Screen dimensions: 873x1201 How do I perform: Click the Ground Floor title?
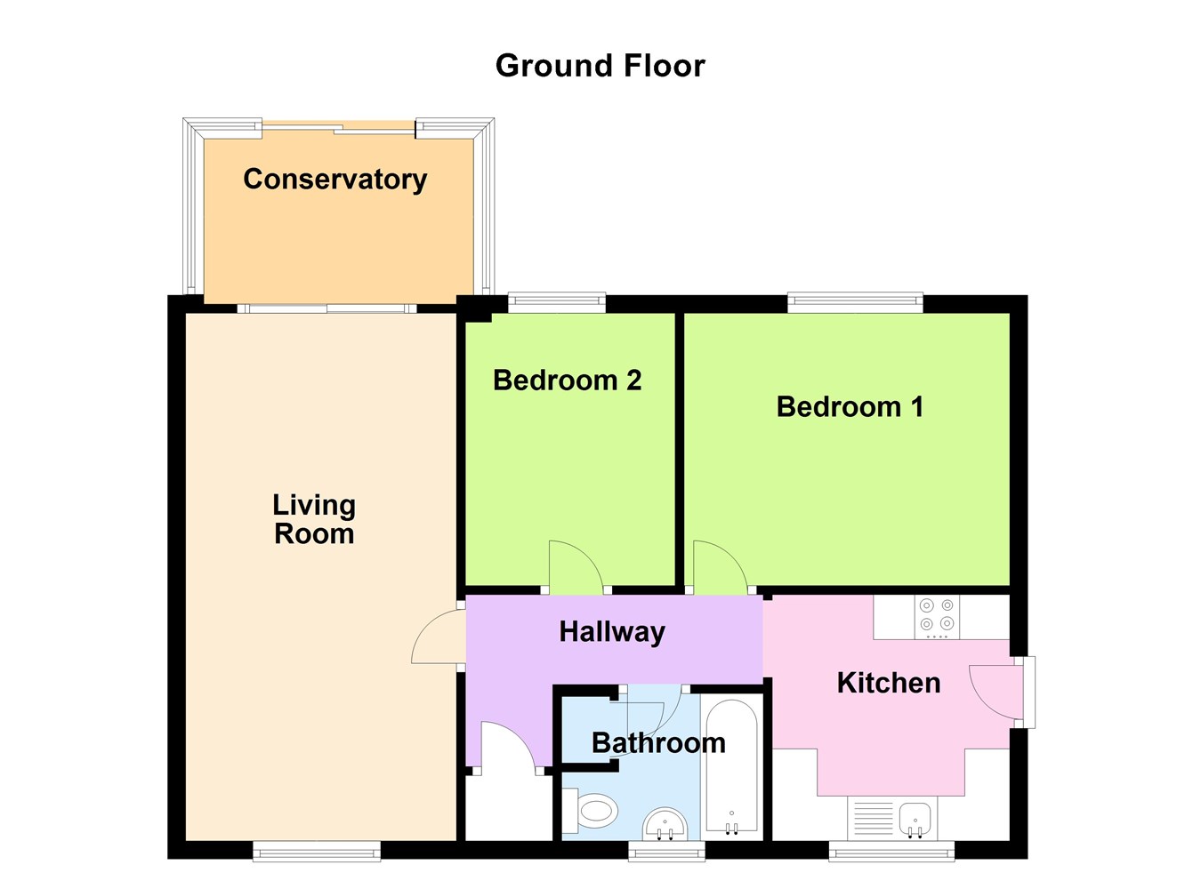click(600, 66)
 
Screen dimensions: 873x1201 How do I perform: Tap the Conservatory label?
click(335, 179)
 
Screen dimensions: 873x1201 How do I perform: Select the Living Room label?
click(314, 519)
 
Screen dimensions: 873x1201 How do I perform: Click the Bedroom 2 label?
click(567, 380)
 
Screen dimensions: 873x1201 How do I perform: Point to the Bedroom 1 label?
click(850, 407)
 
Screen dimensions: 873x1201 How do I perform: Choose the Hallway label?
click(612, 632)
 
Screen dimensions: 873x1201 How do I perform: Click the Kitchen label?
click(888, 683)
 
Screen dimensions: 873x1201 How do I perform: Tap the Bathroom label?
click(658, 743)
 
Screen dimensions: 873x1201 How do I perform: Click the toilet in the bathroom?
click(592, 812)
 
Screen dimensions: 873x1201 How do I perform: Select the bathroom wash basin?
click(665, 824)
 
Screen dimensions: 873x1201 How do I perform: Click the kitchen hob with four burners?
click(937, 617)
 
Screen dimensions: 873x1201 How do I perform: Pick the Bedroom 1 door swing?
click(716, 569)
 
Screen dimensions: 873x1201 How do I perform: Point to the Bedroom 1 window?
click(855, 303)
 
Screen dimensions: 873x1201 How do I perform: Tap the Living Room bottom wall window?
click(317, 852)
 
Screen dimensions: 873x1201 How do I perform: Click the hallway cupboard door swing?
click(508, 745)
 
